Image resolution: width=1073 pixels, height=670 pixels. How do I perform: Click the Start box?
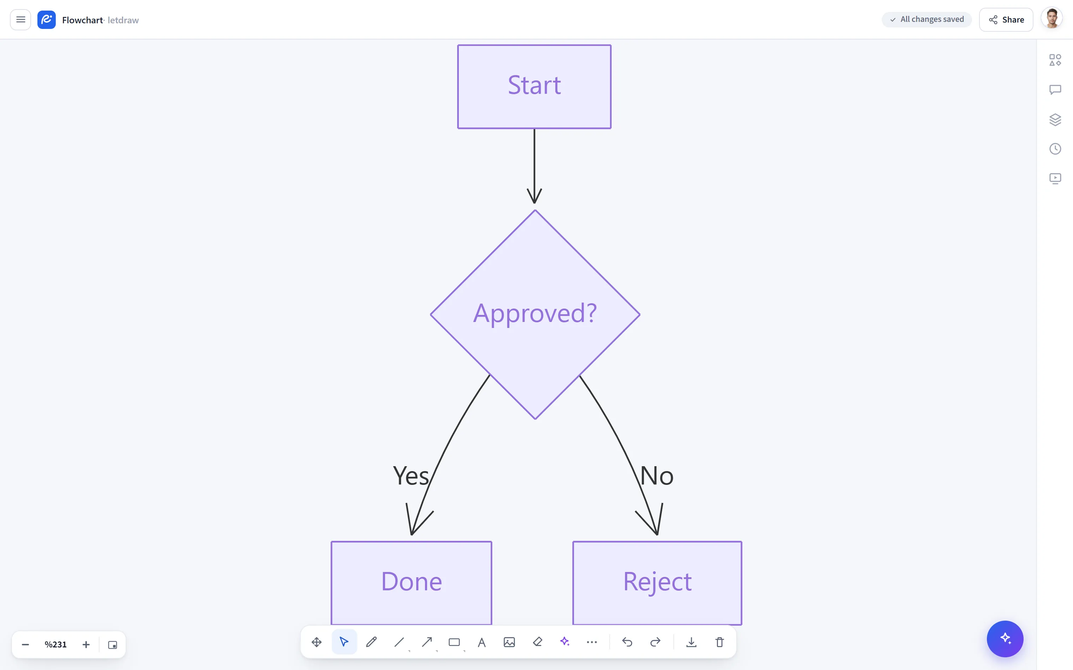[534, 87]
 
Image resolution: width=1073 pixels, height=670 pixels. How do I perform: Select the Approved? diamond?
[535, 315]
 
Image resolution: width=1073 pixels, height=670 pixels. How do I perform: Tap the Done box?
[412, 583]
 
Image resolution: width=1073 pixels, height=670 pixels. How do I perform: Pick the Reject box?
[657, 583]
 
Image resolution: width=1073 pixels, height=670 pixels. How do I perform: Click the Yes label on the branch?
[411, 476]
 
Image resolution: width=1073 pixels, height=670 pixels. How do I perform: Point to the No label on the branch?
[657, 476]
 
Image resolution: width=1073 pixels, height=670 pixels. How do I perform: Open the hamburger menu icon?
[20, 19]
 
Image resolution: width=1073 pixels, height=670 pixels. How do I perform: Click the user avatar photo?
[1052, 19]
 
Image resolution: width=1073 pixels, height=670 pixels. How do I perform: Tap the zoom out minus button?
[25, 645]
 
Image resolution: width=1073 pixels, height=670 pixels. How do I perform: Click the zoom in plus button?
[86, 645]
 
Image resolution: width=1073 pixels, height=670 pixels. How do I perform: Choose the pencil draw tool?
[372, 642]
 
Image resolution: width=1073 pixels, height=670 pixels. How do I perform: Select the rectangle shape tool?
[454, 642]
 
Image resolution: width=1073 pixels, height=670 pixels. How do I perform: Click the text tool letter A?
[482, 642]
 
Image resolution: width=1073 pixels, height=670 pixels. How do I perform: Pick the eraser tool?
[538, 642]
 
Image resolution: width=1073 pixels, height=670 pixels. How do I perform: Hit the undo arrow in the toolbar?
[627, 642]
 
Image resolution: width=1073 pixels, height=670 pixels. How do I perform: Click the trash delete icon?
[720, 642]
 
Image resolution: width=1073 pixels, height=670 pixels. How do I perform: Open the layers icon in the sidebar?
[1055, 120]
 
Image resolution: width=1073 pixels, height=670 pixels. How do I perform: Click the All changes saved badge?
[927, 19]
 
